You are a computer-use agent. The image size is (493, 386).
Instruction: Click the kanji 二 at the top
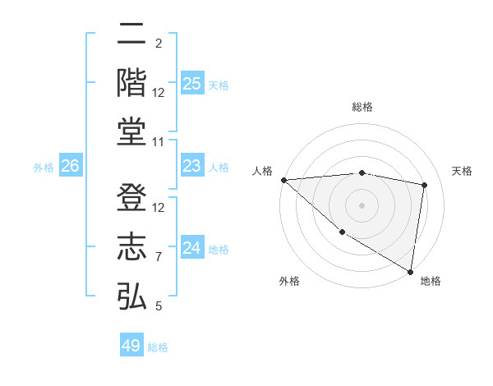131,34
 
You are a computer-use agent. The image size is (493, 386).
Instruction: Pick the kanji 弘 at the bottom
131,295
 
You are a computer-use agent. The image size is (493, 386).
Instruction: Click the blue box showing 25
191,84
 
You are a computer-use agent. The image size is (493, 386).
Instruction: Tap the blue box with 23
191,166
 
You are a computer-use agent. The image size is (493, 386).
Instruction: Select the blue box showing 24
191,248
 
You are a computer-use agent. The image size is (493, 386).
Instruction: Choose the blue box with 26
70,167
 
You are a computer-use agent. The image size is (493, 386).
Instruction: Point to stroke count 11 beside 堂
159,143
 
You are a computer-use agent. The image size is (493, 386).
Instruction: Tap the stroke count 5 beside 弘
159,306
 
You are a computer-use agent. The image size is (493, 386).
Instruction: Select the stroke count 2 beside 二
159,44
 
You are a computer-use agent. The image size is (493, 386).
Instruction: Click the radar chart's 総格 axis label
362,107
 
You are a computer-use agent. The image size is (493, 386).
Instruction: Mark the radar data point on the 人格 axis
283,179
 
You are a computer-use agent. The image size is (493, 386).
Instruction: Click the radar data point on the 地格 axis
410,270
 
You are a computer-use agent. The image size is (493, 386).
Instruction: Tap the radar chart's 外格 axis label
289,281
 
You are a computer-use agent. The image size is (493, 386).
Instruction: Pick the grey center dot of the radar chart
362,204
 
